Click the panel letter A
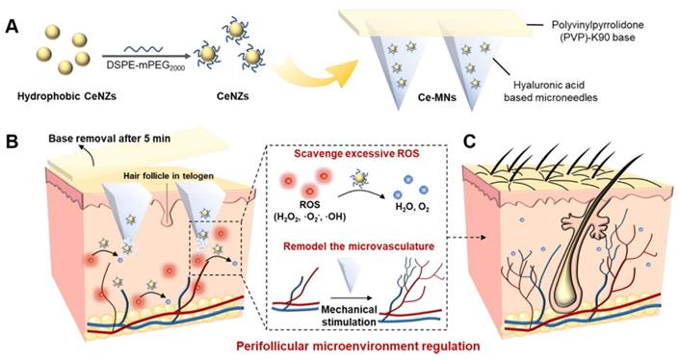click(x=12, y=28)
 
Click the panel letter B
click(x=11, y=141)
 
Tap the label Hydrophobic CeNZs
click(x=66, y=96)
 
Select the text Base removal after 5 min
click(x=109, y=139)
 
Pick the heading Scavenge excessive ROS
click(x=356, y=153)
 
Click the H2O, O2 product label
click(x=412, y=207)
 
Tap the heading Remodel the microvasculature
click(x=358, y=245)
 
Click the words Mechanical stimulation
click(x=349, y=316)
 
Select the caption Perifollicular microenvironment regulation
click(x=357, y=347)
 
